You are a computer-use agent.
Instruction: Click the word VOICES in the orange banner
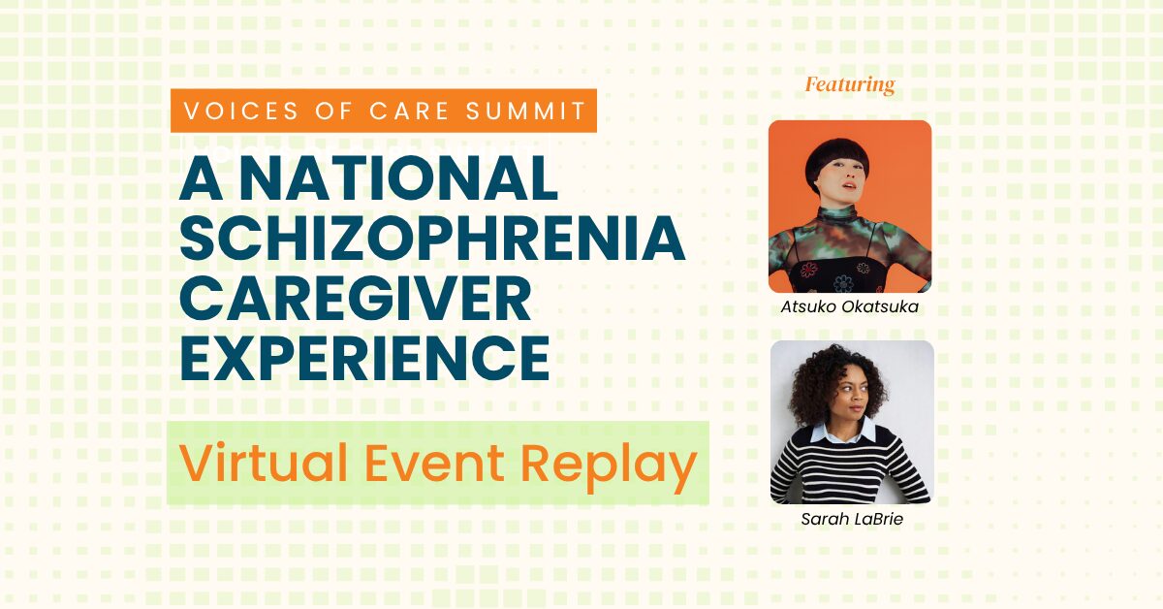pos(241,112)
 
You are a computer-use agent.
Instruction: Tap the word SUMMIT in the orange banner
pos(526,112)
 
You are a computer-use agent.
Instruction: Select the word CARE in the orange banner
pos(409,112)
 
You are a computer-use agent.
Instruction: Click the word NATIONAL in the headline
pos(398,177)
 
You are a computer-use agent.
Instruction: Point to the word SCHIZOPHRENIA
pos(432,238)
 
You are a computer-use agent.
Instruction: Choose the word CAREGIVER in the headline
pos(356,299)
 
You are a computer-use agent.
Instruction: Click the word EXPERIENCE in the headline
pos(364,359)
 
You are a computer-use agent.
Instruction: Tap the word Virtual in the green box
pos(264,463)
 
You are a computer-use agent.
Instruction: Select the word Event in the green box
pos(434,464)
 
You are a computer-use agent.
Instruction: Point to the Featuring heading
pos(850,84)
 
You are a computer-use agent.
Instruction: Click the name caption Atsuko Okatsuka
pos(849,306)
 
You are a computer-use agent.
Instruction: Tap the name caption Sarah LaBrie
pos(852,519)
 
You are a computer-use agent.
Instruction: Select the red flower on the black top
pos(809,270)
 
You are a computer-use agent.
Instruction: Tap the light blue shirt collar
pos(845,433)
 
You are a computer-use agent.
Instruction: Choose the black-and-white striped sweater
pos(850,470)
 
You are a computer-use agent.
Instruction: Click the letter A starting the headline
pos(202,177)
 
